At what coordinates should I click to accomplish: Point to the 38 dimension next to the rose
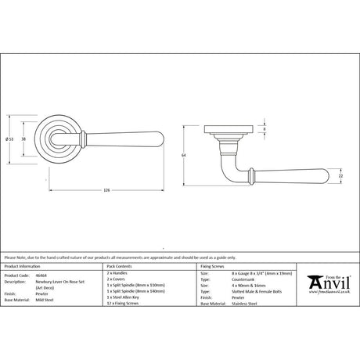click(23, 139)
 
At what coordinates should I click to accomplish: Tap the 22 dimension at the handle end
click(341, 178)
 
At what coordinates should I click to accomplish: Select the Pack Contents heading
click(119, 267)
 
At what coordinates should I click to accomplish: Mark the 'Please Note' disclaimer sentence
click(110, 257)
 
